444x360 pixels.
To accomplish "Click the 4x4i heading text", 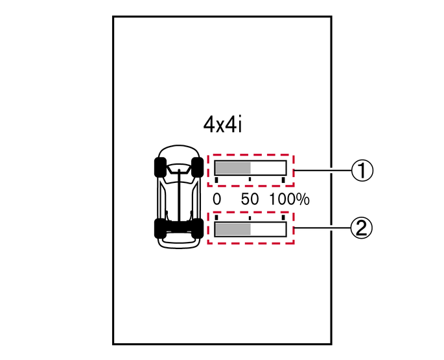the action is coord(222,125).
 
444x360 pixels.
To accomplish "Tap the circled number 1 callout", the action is coord(362,171).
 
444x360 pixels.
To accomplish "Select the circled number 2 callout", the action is coord(362,228).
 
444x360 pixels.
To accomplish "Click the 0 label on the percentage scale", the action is coord(216,199).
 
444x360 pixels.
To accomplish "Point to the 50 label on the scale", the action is coord(250,199).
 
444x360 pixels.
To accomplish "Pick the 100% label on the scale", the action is coord(289,199).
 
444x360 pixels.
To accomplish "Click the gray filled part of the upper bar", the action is coord(233,168).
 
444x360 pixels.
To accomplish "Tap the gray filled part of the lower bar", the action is coord(233,230).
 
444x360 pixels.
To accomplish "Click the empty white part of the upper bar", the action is coord(268,168).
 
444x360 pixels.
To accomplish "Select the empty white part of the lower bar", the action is coord(268,230).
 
